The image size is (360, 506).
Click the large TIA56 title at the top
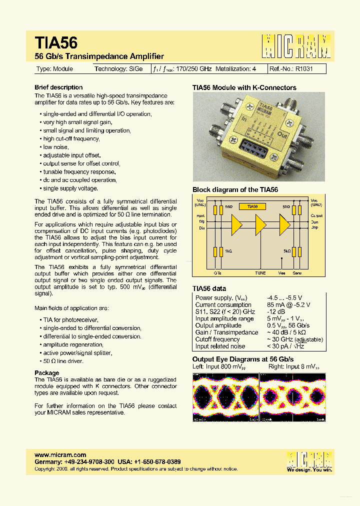pos(56,42)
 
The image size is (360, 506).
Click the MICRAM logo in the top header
pos(296,46)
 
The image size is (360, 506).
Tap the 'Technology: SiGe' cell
pos(118,69)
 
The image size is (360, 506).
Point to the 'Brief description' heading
pos(58,87)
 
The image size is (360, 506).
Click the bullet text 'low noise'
pos(55,147)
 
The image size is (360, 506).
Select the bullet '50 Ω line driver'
pos(63,361)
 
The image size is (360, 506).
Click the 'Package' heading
pos(46,373)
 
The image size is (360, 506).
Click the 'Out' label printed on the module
pos(283,134)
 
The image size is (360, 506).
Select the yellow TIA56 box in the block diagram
pos(252,206)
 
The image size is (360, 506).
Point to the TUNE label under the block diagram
pos(260,273)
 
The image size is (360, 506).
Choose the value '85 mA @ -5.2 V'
pos(288,305)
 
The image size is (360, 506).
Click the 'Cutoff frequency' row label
pos(218,339)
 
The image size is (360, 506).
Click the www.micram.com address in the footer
pos(56,454)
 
